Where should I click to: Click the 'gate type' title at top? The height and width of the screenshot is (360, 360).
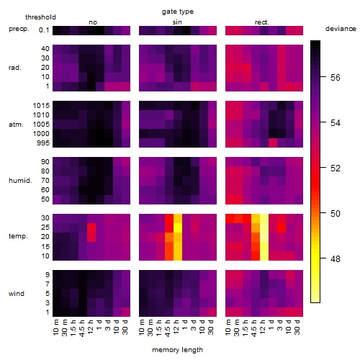coord(178,12)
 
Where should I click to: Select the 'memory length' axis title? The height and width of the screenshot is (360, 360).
coord(177,350)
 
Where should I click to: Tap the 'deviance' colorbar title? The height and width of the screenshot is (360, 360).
coord(341,29)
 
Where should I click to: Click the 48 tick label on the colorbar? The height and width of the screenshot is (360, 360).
coord(336,259)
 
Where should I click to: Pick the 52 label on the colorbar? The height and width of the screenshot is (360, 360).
coord(336,168)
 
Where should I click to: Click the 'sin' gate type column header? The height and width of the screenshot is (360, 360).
coord(177,22)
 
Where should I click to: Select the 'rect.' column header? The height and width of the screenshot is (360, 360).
coord(262,22)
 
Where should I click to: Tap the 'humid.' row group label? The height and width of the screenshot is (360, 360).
coord(20,181)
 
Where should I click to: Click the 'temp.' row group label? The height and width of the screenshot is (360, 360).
coord(18,236)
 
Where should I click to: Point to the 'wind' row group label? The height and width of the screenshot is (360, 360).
coord(17,294)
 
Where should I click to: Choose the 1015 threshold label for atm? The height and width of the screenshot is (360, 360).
coord(41,106)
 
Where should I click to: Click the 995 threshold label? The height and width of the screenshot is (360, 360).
coord(43,143)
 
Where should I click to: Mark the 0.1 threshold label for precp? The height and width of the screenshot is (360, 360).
coord(44,30)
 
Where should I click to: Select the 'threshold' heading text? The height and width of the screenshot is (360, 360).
coord(40,17)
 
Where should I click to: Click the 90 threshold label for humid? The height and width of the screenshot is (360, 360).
coord(45,162)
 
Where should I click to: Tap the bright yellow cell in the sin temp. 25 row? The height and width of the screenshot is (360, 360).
coord(178,228)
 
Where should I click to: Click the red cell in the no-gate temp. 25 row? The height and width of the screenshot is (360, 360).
coord(91,228)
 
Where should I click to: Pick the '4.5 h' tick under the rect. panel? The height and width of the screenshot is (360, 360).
coord(253,328)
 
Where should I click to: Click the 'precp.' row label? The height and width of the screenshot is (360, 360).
coord(19,29)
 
